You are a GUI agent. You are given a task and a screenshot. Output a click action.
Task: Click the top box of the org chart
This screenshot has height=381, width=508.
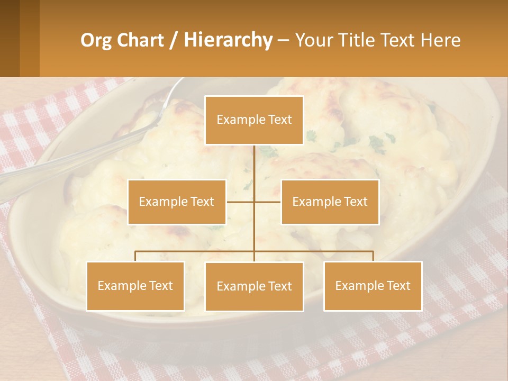pyautogui.click(x=254, y=120)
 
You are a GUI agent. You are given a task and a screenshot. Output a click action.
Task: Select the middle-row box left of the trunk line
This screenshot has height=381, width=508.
pyautogui.click(x=177, y=202)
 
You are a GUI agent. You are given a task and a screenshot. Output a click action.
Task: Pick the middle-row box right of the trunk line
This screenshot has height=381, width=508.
pyautogui.click(x=330, y=202)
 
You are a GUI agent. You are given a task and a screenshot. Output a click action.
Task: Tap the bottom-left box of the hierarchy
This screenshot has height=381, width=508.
pyautogui.click(x=135, y=286)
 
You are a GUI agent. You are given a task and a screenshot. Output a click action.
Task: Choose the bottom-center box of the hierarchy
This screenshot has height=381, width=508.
pyautogui.click(x=254, y=286)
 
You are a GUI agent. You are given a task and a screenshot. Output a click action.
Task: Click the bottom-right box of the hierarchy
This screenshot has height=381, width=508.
pyautogui.click(x=373, y=286)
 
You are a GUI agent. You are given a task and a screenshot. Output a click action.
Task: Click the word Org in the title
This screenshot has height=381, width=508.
pyautogui.click(x=96, y=40)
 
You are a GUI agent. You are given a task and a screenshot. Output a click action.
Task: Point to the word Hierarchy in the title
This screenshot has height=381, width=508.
pyautogui.click(x=228, y=40)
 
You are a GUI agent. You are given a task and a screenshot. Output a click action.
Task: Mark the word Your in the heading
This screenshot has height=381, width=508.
pyautogui.click(x=312, y=40)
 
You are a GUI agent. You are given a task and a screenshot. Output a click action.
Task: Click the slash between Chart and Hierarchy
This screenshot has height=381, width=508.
pyautogui.click(x=174, y=41)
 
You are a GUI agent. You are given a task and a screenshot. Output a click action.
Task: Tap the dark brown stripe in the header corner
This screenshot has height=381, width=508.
pyautogui.click(x=10, y=38)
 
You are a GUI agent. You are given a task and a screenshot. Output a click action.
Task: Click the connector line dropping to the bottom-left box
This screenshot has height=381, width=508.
pyautogui.click(x=135, y=256)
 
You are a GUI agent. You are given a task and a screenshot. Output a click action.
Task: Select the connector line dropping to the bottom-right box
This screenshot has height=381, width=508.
pyautogui.click(x=373, y=256)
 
